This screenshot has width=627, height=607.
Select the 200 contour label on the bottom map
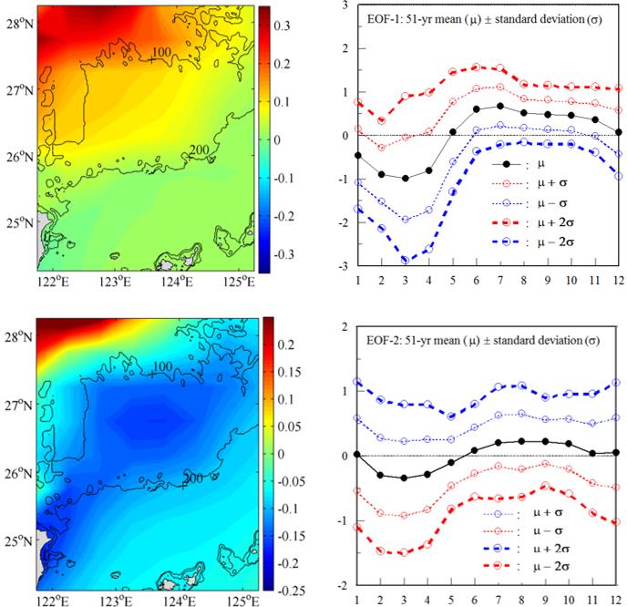pos(191,477)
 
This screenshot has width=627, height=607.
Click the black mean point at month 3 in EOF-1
pos(404,178)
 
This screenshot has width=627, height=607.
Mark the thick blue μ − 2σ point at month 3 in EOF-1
pos(404,260)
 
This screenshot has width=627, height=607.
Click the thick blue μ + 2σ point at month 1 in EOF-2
pos(357,382)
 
